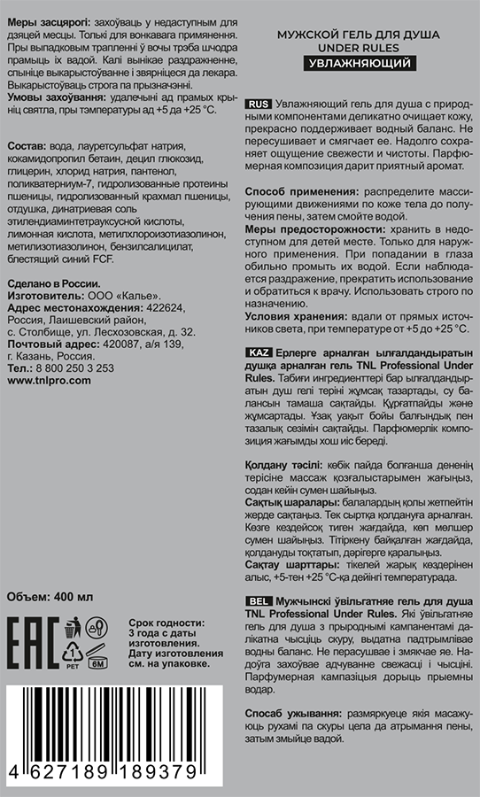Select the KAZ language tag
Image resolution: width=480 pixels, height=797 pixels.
pos(258,352)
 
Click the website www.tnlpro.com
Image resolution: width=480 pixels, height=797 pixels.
pos(49,379)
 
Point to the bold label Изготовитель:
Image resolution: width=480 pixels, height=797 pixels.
pos(45,295)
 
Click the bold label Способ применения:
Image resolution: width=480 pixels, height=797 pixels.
pos(301,192)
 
